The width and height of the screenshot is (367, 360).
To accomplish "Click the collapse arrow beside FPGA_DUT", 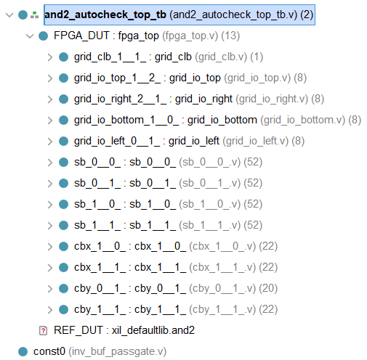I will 29,36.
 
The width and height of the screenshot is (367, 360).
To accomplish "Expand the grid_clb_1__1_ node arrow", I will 49,57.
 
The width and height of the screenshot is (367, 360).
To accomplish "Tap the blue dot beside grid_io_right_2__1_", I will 64,99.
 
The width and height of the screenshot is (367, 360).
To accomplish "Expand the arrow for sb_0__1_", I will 49,183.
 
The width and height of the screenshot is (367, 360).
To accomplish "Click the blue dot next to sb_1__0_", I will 64,204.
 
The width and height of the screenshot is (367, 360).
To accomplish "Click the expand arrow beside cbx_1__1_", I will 49,267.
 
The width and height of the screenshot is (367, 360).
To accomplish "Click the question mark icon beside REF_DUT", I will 43,330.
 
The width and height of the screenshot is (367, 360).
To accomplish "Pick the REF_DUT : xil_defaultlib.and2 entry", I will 124,330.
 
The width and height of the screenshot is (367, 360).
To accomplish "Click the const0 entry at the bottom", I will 49,351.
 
